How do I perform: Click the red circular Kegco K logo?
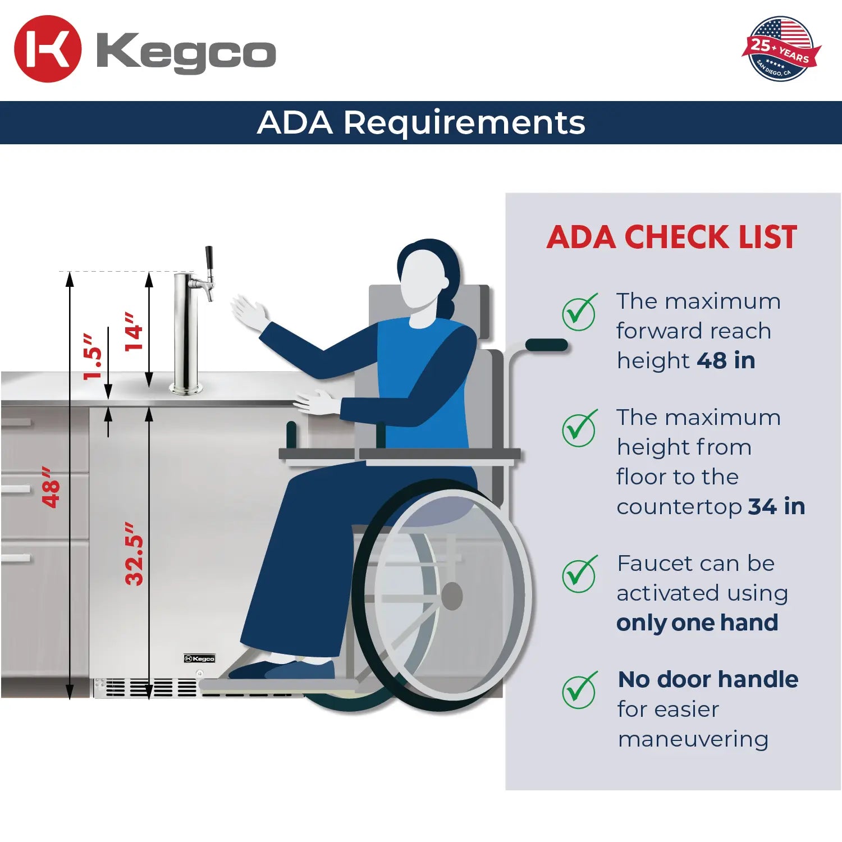click(x=48, y=49)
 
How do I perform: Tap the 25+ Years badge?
click(x=781, y=49)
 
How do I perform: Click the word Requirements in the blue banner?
click(x=464, y=122)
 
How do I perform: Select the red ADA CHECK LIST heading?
click(x=672, y=237)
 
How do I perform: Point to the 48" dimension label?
click(x=51, y=487)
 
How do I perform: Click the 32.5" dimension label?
click(x=134, y=554)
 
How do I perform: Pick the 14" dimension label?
click(x=133, y=332)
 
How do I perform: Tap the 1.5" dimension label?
click(x=93, y=356)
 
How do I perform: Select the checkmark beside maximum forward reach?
click(x=579, y=312)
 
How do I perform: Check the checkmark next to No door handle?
click(x=579, y=690)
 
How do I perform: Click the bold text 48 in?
click(x=726, y=360)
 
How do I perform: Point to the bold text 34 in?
click(x=776, y=506)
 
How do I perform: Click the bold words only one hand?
click(x=697, y=623)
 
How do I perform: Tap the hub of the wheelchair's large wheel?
click(x=451, y=596)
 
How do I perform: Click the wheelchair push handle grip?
click(x=546, y=345)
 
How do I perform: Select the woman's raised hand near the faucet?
click(x=250, y=313)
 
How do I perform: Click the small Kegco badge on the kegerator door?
click(x=200, y=658)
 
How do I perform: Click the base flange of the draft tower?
click(x=186, y=388)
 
